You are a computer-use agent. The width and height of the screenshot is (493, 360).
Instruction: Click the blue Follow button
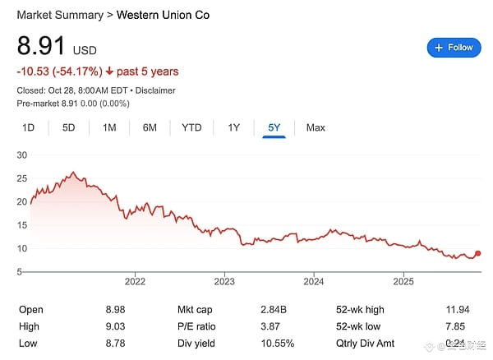click(x=454, y=48)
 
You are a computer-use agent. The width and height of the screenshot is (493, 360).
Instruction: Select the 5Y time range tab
click(x=274, y=127)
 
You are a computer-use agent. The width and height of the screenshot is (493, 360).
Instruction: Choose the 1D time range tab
click(x=28, y=127)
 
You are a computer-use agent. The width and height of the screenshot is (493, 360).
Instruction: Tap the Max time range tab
click(x=316, y=127)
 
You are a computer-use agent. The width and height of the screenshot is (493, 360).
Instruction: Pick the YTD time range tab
click(x=191, y=127)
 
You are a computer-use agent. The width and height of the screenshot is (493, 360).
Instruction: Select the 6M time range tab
click(x=150, y=127)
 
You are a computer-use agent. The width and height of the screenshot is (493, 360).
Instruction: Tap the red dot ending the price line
click(x=478, y=254)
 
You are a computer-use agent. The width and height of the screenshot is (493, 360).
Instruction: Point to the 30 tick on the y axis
click(x=22, y=155)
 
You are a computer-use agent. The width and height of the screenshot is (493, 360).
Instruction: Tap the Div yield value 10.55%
click(x=278, y=344)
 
